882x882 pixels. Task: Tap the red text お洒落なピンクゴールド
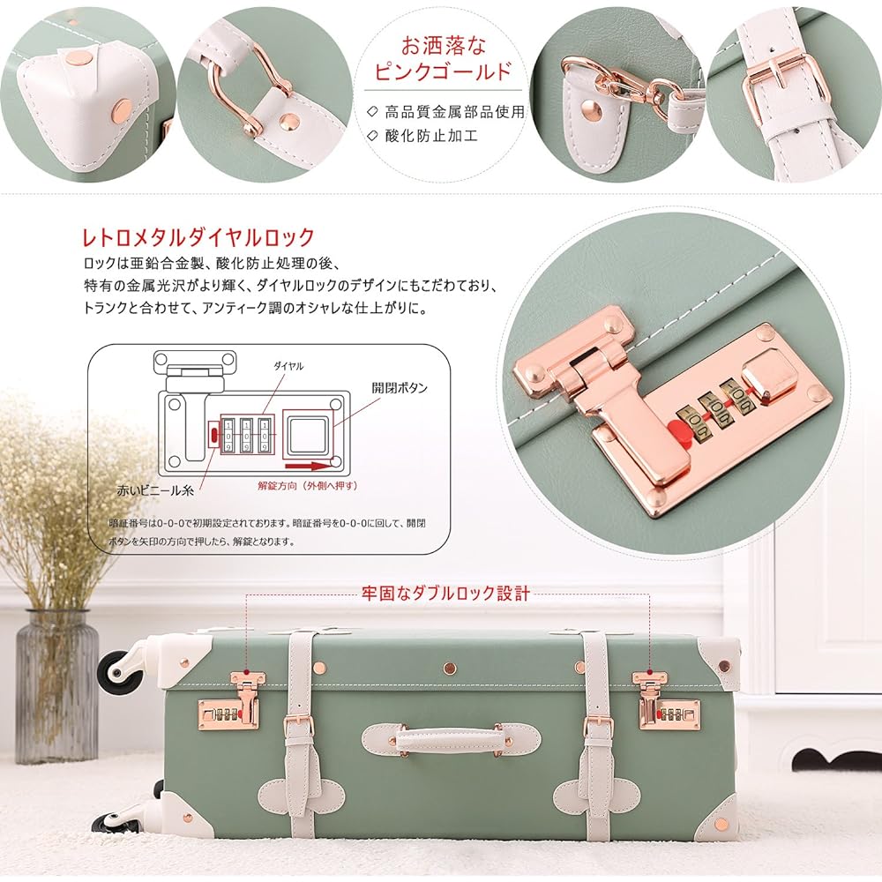444,58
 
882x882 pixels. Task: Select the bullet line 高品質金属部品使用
447,112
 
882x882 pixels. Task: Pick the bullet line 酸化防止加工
423,136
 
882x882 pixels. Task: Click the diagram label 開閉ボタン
400,387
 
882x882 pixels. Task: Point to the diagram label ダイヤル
288,366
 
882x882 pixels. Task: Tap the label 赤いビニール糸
155,490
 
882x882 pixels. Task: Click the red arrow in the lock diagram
308,466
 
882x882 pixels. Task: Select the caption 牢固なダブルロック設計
445,594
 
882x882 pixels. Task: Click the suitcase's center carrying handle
451,738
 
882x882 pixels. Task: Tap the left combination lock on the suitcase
230,704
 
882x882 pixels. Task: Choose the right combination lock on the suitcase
668,704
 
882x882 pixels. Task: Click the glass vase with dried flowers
56,685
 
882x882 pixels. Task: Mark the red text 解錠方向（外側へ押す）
308,485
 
